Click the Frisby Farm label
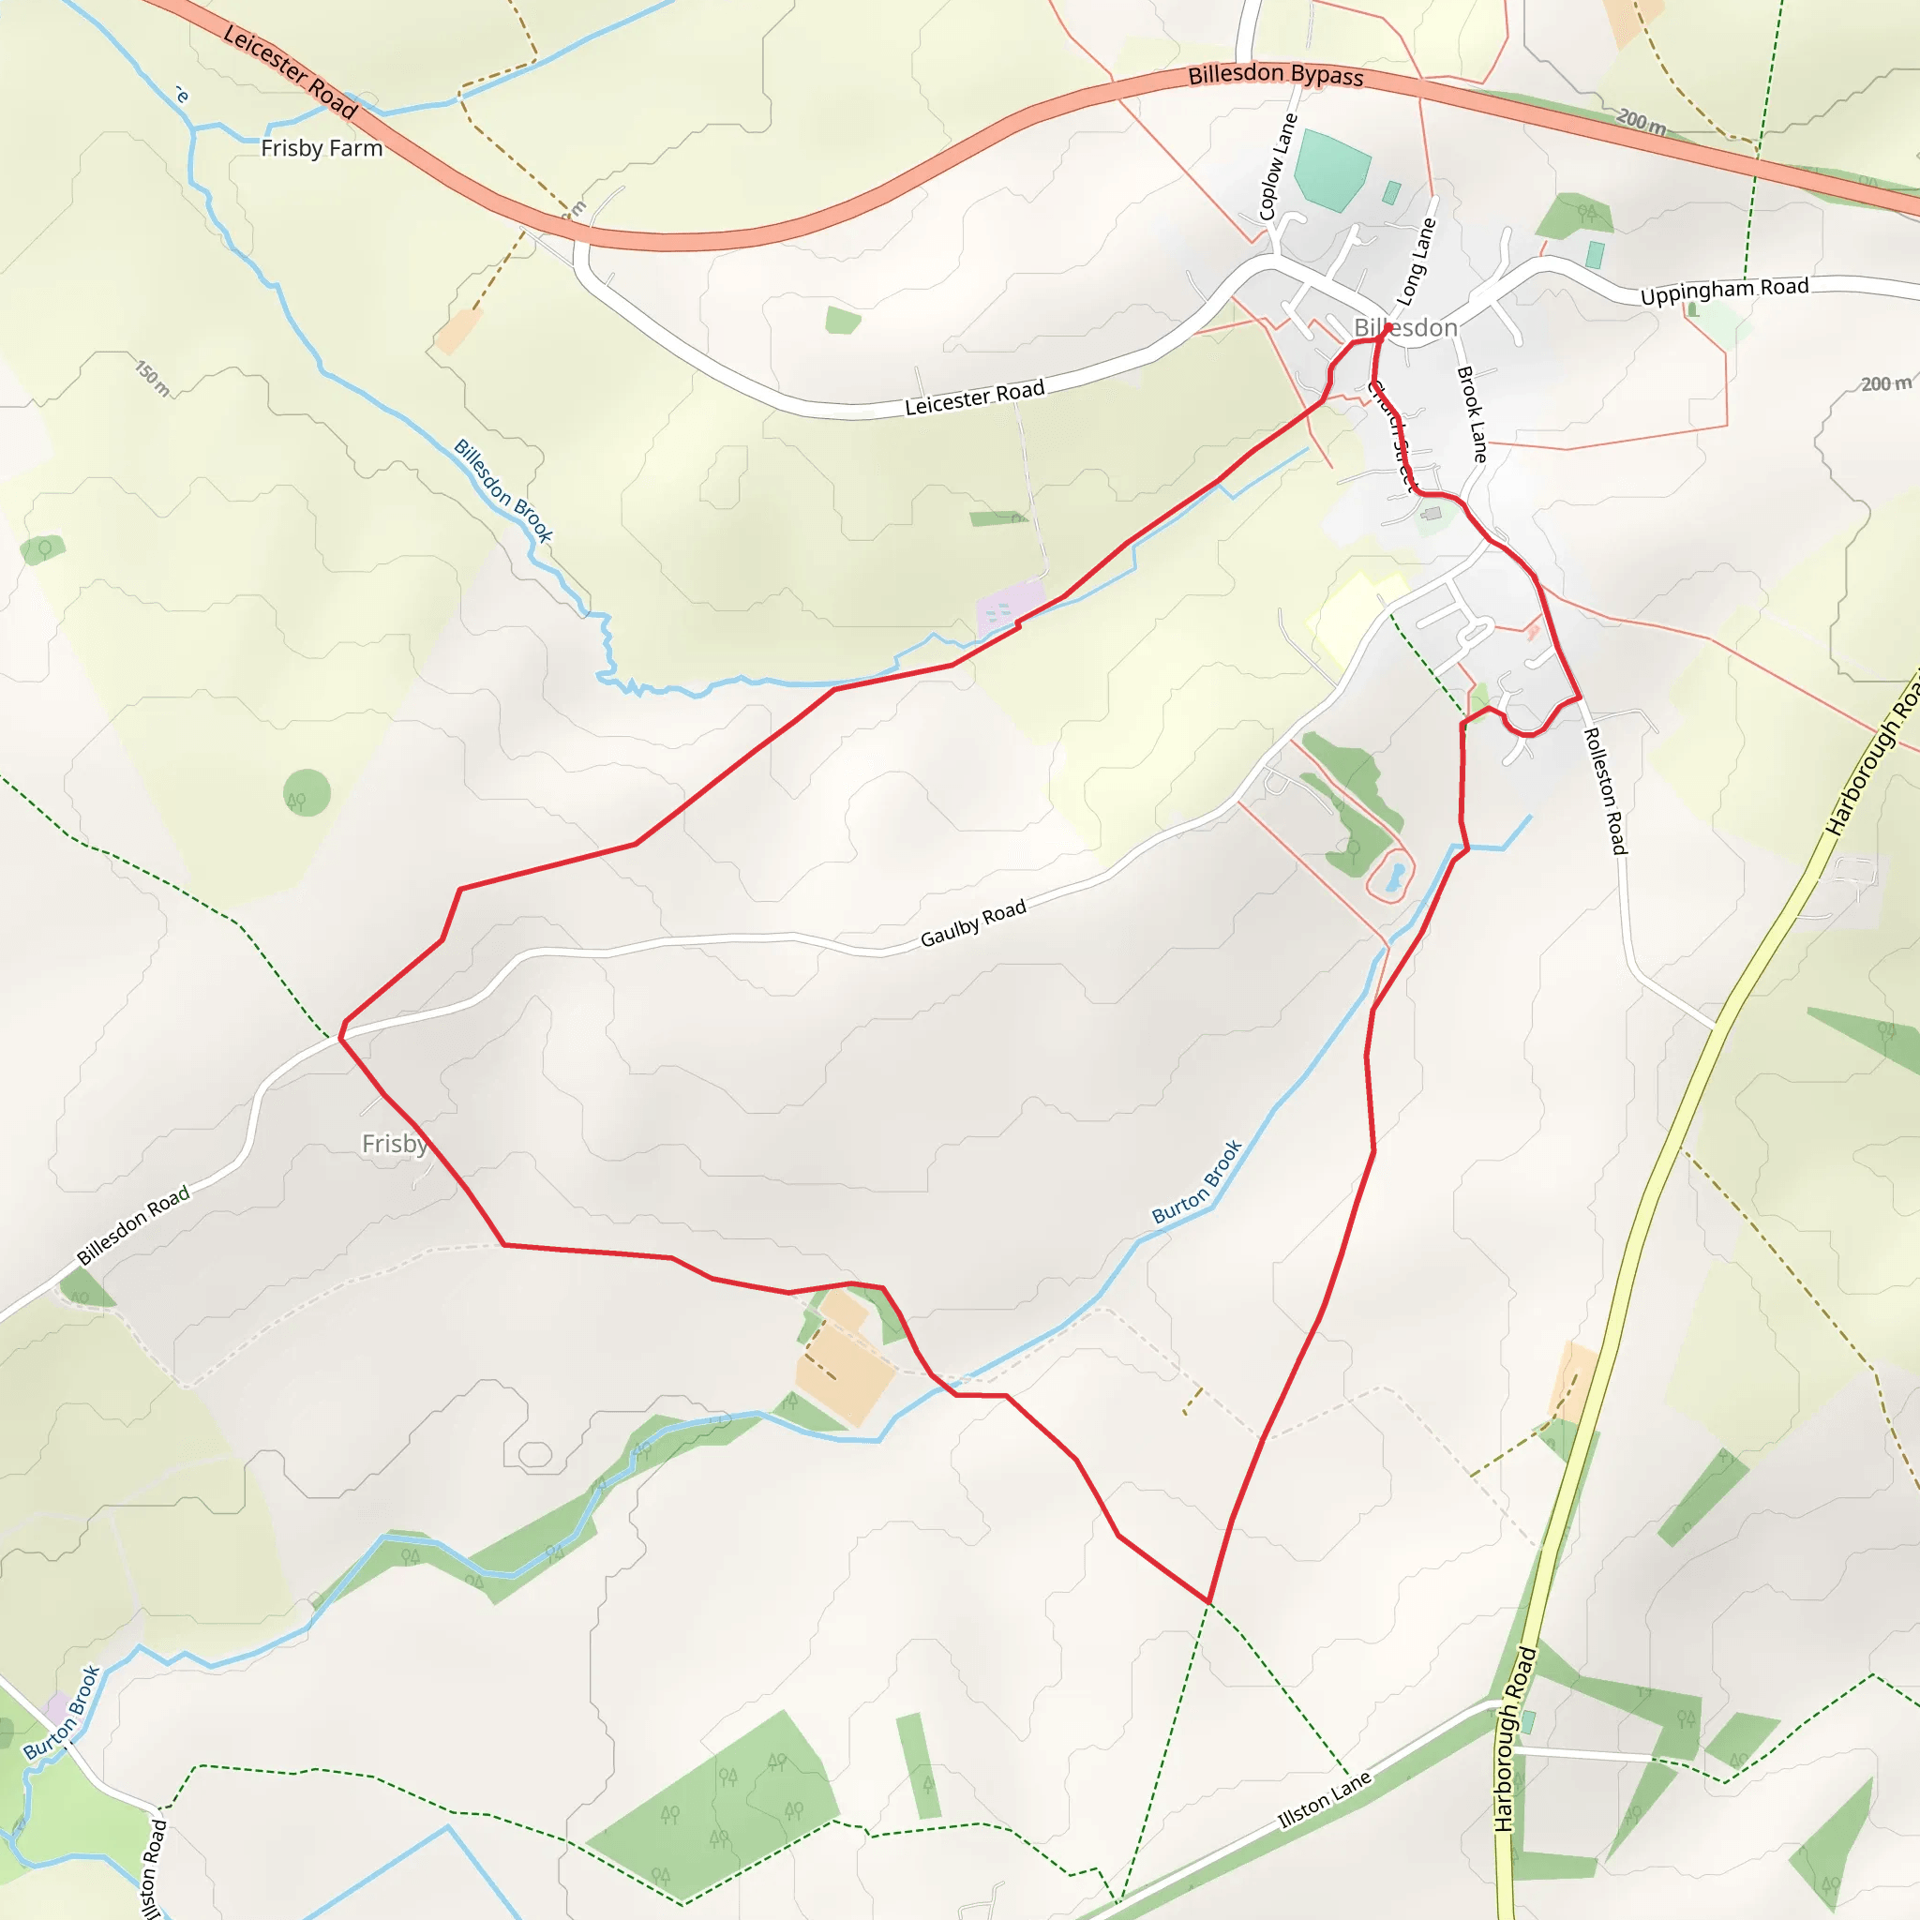click(321, 148)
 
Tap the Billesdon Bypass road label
click(1275, 75)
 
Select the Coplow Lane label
click(1278, 166)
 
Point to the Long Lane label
click(1417, 262)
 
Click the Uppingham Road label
click(1724, 292)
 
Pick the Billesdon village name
click(1405, 328)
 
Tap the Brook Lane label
click(1472, 414)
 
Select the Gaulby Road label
click(973, 923)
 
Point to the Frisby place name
click(395, 1144)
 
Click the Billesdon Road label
click(133, 1226)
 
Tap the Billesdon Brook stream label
click(502, 490)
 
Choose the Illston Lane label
click(1324, 1801)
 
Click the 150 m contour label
click(152, 378)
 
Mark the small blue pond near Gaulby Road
click(1395, 877)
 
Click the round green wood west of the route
click(306, 792)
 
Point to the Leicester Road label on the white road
click(974, 397)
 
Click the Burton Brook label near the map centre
click(1196, 1181)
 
